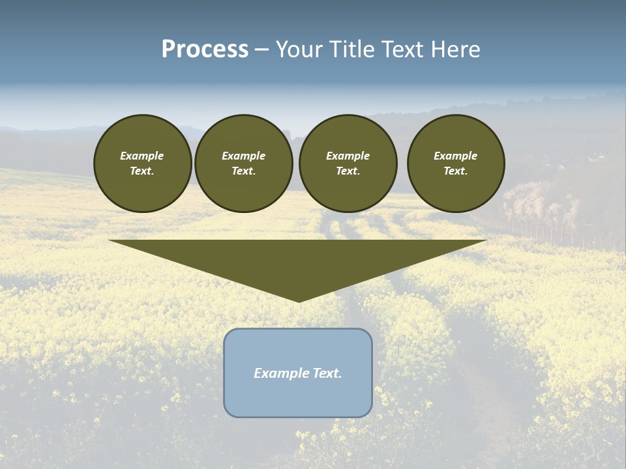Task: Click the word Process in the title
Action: click(205, 50)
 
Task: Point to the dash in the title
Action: click(262, 50)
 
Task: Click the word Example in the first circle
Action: click(142, 156)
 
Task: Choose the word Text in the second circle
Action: click(243, 171)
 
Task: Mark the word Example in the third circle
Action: click(348, 156)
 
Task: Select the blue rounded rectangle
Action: click(298, 397)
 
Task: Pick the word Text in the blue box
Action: click(325, 373)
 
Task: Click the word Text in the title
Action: click(400, 50)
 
